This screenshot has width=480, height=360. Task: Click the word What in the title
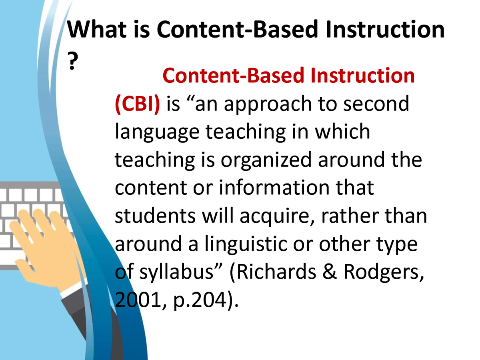(97, 29)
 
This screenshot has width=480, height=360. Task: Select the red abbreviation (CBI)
(137, 104)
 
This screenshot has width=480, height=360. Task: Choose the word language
(157, 132)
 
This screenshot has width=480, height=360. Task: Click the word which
(342, 131)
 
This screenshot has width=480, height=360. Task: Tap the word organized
(266, 161)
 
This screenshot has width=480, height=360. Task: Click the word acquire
(277, 217)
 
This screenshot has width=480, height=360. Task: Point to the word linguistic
(246, 245)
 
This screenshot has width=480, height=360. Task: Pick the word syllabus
(176, 273)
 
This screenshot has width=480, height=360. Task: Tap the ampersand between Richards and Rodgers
(329, 272)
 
